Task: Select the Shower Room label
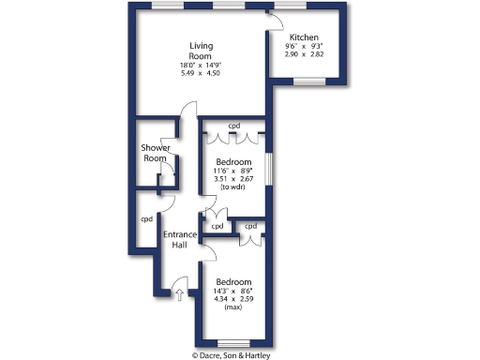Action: click(155, 153)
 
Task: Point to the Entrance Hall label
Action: click(180, 239)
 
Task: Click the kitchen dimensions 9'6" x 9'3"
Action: click(304, 46)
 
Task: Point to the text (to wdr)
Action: click(233, 187)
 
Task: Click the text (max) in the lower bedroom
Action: click(233, 307)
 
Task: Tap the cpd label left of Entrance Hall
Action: click(146, 219)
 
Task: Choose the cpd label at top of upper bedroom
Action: click(234, 126)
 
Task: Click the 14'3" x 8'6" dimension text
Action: click(233, 291)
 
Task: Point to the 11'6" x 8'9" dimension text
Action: click(233, 170)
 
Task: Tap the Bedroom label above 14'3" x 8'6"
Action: click(233, 281)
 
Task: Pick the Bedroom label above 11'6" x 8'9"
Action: click(233, 161)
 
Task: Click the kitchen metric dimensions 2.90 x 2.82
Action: click(304, 54)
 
